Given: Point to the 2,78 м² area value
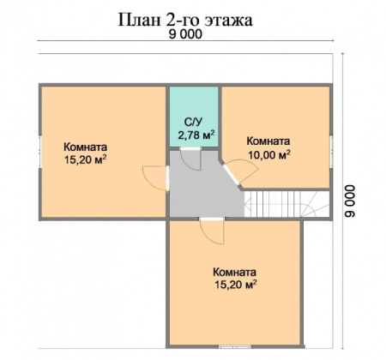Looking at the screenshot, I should [196, 135].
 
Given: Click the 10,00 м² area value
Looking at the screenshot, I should [268, 154].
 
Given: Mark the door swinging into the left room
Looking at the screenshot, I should [154, 177].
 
